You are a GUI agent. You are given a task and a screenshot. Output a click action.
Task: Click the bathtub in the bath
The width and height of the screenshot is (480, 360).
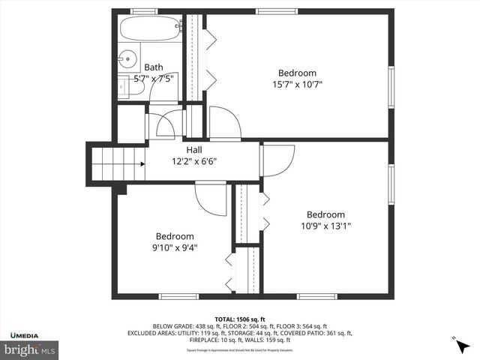click(x=151, y=30)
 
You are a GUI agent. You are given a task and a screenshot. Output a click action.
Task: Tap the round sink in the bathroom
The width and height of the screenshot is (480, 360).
click(x=127, y=58)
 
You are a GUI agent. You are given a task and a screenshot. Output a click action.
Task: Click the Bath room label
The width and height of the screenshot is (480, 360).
click(x=153, y=67)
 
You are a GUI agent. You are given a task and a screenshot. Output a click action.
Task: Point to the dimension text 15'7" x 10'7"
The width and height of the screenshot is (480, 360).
click(x=297, y=84)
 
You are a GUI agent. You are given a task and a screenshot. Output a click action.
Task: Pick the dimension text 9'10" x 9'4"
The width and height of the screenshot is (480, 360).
click(x=175, y=247)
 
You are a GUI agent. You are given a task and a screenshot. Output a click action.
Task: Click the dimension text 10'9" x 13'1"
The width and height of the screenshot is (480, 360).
click(x=325, y=225)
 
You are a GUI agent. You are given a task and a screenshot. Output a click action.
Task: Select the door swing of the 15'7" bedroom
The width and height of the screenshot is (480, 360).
click(x=224, y=122)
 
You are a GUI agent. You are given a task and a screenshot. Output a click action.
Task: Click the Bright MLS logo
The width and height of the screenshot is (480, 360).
click(x=30, y=349)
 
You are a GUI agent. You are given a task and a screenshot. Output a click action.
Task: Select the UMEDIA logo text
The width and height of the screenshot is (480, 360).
click(x=25, y=334)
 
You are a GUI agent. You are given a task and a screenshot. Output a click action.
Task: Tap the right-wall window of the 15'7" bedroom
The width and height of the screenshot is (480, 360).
click(x=391, y=87)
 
